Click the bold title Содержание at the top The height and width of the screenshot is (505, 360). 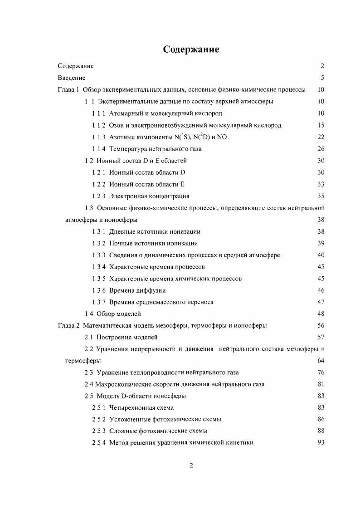click(x=191, y=49)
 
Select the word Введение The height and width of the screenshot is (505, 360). click(x=72, y=78)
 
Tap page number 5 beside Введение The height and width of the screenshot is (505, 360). click(x=322, y=78)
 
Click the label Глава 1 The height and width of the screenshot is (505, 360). click(x=68, y=89)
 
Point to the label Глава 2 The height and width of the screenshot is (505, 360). click(x=68, y=325)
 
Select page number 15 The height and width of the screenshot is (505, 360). click(x=321, y=125)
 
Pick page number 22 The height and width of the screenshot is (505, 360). click(x=321, y=137)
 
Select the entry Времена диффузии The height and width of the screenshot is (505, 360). click(x=137, y=290)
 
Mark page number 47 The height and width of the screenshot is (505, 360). click(x=321, y=302)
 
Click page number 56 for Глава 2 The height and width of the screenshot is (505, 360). click(x=321, y=325)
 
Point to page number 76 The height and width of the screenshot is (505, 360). click(x=321, y=373)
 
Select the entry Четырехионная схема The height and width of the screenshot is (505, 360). click(x=141, y=408)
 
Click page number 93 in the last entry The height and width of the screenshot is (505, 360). click(x=321, y=443)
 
